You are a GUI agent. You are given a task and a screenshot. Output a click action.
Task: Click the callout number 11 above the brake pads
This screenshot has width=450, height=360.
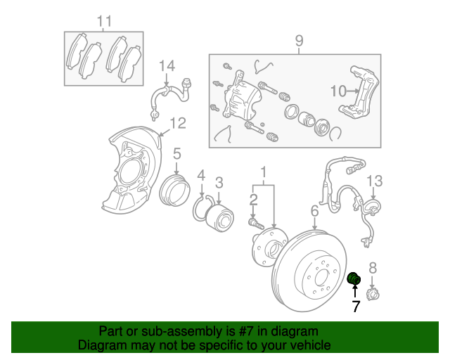click(x=104, y=22)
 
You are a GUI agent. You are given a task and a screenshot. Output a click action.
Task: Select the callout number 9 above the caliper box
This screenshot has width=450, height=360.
click(x=299, y=41)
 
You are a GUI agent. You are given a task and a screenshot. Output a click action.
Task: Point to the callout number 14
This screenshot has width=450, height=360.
click(x=166, y=66)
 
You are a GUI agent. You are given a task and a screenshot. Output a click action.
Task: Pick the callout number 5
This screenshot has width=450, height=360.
click(x=177, y=153)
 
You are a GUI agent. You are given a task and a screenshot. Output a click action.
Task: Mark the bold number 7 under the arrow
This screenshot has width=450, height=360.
click(x=356, y=307)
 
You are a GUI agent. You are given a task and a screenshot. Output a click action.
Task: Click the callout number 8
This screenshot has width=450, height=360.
click(x=373, y=266)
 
